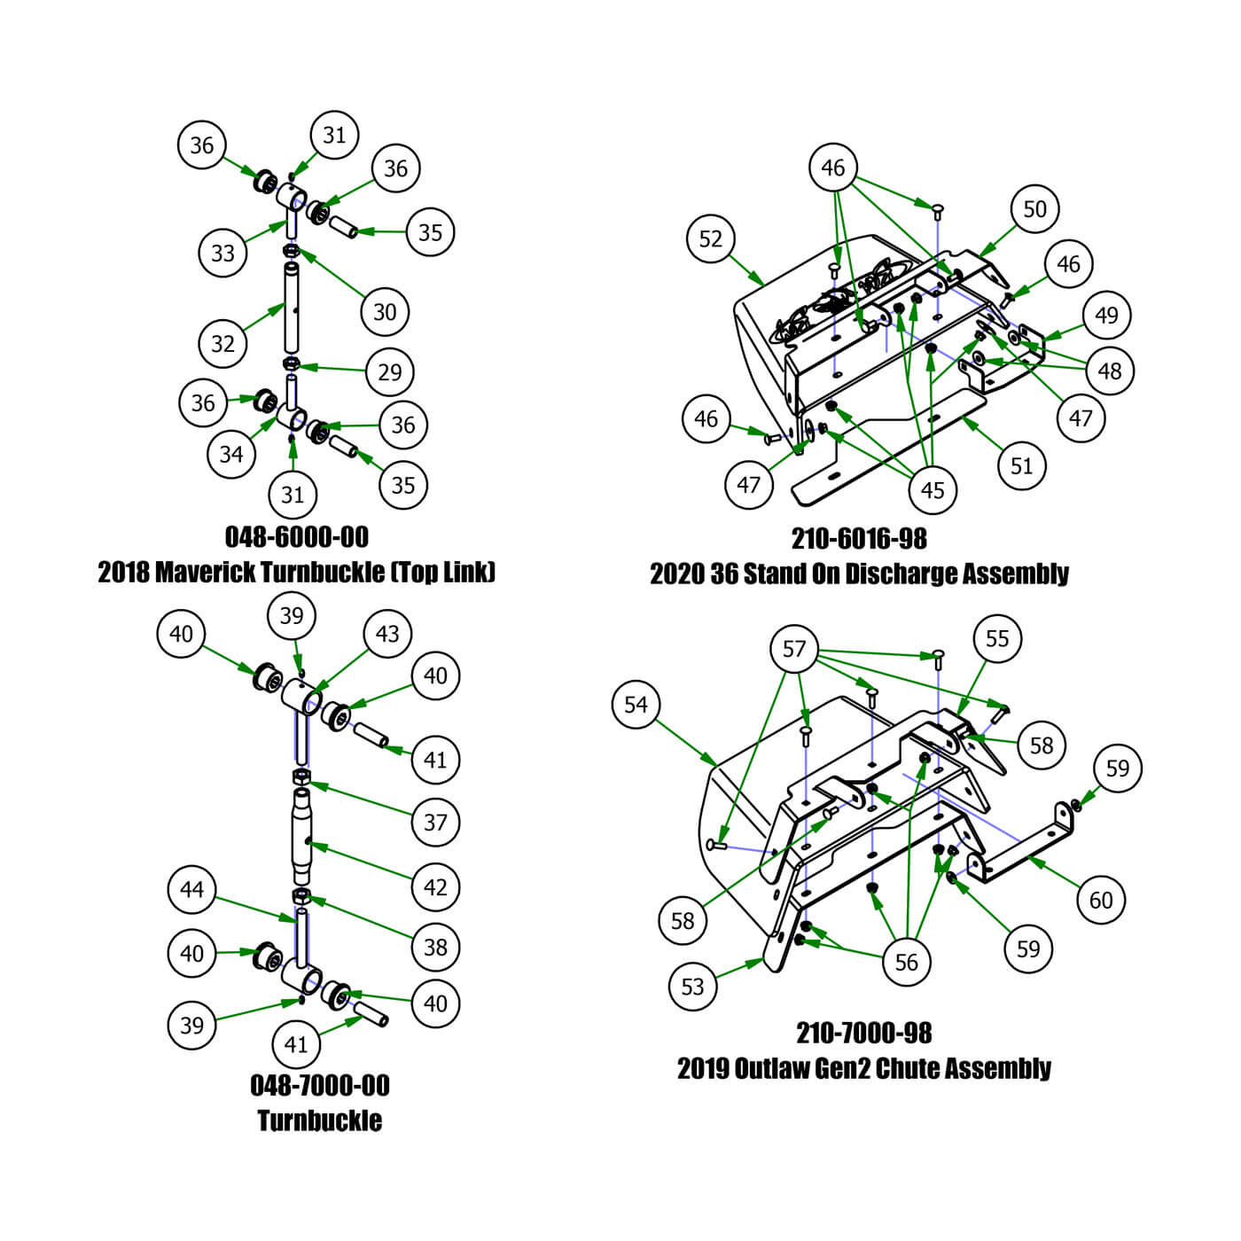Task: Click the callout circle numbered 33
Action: click(222, 253)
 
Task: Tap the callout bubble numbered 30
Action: click(385, 311)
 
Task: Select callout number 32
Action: click(222, 343)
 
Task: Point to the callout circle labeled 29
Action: click(390, 371)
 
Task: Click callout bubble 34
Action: click(231, 454)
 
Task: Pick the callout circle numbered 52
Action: click(711, 238)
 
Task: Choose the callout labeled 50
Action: click(1034, 209)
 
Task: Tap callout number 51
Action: click(1022, 465)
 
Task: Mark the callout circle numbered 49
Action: click(1106, 315)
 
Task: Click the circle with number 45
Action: click(933, 489)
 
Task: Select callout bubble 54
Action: click(636, 705)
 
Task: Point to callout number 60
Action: click(1101, 900)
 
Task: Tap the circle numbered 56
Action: click(907, 962)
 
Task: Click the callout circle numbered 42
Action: click(435, 886)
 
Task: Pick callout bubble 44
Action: click(191, 889)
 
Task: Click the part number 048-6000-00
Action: click(297, 536)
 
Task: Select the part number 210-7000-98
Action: click(864, 1033)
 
